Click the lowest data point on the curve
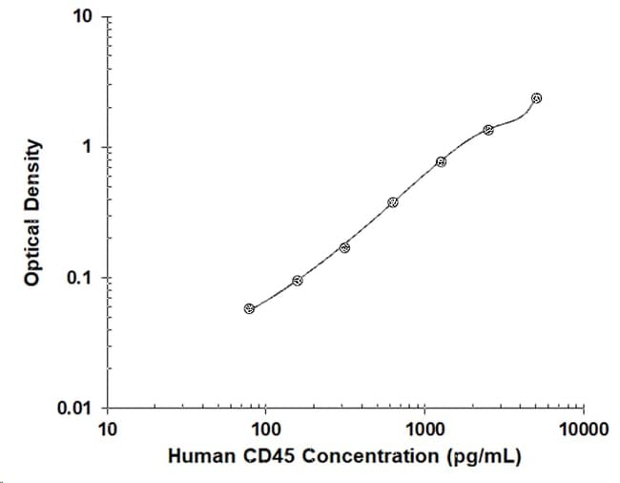point(249,309)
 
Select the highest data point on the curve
point(536,98)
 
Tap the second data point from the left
point(298,281)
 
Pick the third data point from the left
point(344,248)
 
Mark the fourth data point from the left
point(393,202)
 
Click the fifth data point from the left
point(442,161)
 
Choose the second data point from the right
point(488,130)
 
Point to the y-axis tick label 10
point(82,16)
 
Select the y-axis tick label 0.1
point(79,278)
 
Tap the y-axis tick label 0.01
point(74,408)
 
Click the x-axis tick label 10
point(108,430)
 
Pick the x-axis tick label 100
point(266,430)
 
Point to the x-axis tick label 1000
point(425,430)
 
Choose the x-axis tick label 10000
point(583,430)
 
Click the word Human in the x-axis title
point(201,456)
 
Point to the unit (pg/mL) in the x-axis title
point(484,457)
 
